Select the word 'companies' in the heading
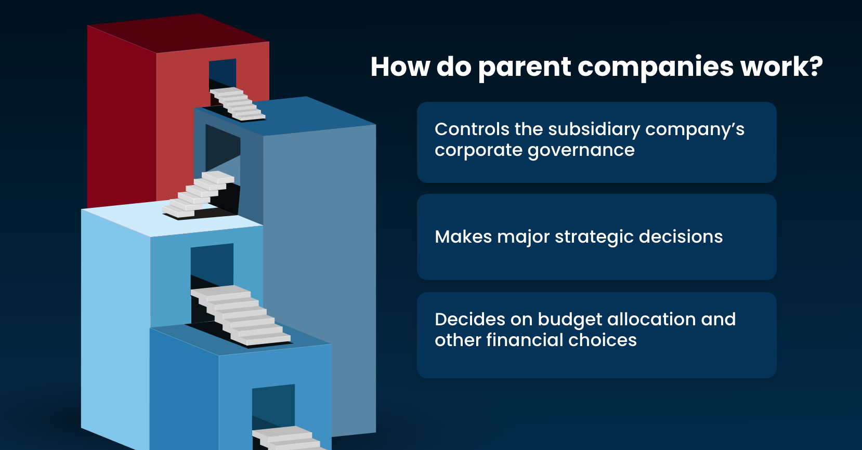(656, 68)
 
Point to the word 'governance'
(581, 150)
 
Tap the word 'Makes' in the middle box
(463, 237)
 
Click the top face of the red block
(178, 33)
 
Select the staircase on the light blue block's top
(198, 195)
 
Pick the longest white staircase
(241, 315)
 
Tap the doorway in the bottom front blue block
(273, 406)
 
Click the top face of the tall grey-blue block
(285, 115)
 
